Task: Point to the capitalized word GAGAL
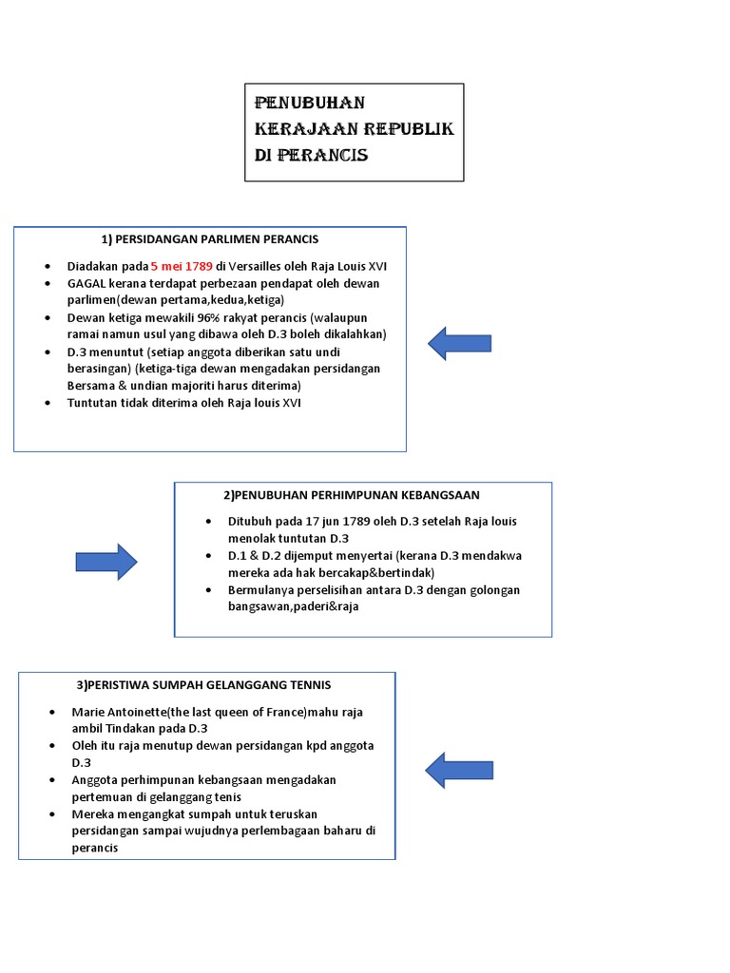click(86, 283)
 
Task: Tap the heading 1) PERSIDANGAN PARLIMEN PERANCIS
click(210, 238)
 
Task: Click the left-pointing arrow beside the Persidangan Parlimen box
click(459, 343)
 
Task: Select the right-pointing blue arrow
click(106, 562)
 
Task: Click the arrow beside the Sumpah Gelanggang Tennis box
click(457, 769)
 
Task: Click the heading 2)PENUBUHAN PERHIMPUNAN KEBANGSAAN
click(352, 495)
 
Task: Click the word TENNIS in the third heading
click(305, 685)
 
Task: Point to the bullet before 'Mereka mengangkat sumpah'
click(52, 814)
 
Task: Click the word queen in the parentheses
click(234, 712)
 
